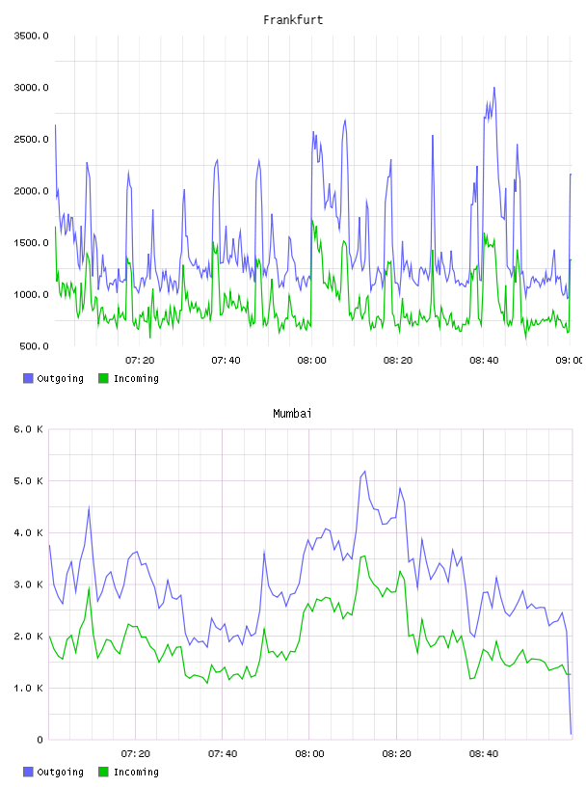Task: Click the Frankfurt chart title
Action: pyautogui.click(x=293, y=20)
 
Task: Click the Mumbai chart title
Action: pyautogui.click(x=292, y=414)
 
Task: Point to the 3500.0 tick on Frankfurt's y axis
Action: pyautogui.click(x=31, y=36)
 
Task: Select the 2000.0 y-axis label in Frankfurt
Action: pyautogui.click(x=31, y=191)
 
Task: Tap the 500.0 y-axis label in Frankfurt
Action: pyautogui.click(x=34, y=346)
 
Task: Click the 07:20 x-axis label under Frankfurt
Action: pyautogui.click(x=140, y=360)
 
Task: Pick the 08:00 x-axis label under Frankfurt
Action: pyautogui.click(x=311, y=360)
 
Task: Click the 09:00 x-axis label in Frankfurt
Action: pyautogui.click(x=569, y=360)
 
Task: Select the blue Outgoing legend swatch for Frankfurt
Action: pyautogui.click(x=28, y=378)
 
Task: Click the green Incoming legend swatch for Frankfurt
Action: pyautogui.click(x=103, y=378)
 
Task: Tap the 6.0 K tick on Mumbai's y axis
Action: pyautogui.click(x=28, y=429)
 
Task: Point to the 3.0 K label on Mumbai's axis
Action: pyautogui.click(x=28, y=584)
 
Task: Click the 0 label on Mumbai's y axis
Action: pyautogui.click(x=40, y=740)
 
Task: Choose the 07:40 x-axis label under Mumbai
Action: pyautogui.click(x=223, y=753)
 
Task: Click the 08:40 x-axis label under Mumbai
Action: pyautogui.click(x=484, y=753)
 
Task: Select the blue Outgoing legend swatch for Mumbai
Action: pyautogui.click(x=28, y=772)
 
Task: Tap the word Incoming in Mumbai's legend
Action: pyautogui.click(x=136, y=773)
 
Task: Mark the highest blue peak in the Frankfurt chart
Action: pyautogui.click(x=494, y=88)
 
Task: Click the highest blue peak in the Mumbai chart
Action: pyautogui.click(x=364, y=472)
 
